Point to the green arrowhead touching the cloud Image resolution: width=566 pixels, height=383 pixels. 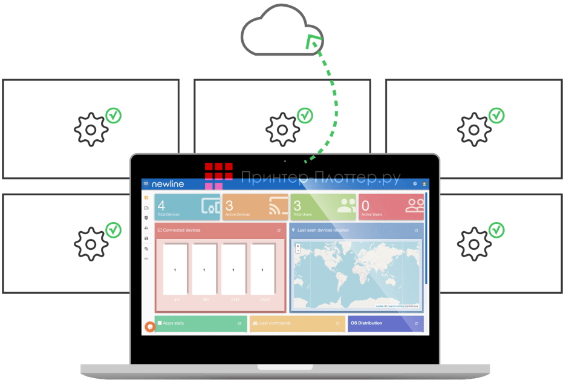point(313,42)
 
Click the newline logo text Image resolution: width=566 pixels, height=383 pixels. point(168,183)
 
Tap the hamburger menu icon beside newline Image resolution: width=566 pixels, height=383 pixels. point(146,183)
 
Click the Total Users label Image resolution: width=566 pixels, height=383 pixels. point(302,215)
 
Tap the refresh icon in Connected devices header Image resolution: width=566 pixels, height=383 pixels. point(279,231)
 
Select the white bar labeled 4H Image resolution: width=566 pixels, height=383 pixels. point(175,269)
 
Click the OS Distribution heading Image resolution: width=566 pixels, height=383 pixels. point(366,323)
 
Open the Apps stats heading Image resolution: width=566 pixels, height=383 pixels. point(174,323)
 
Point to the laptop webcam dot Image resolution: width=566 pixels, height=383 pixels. point(285,161)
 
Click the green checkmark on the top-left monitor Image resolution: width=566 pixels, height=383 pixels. point(113,115)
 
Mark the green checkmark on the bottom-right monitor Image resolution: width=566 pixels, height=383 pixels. point(496,230)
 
